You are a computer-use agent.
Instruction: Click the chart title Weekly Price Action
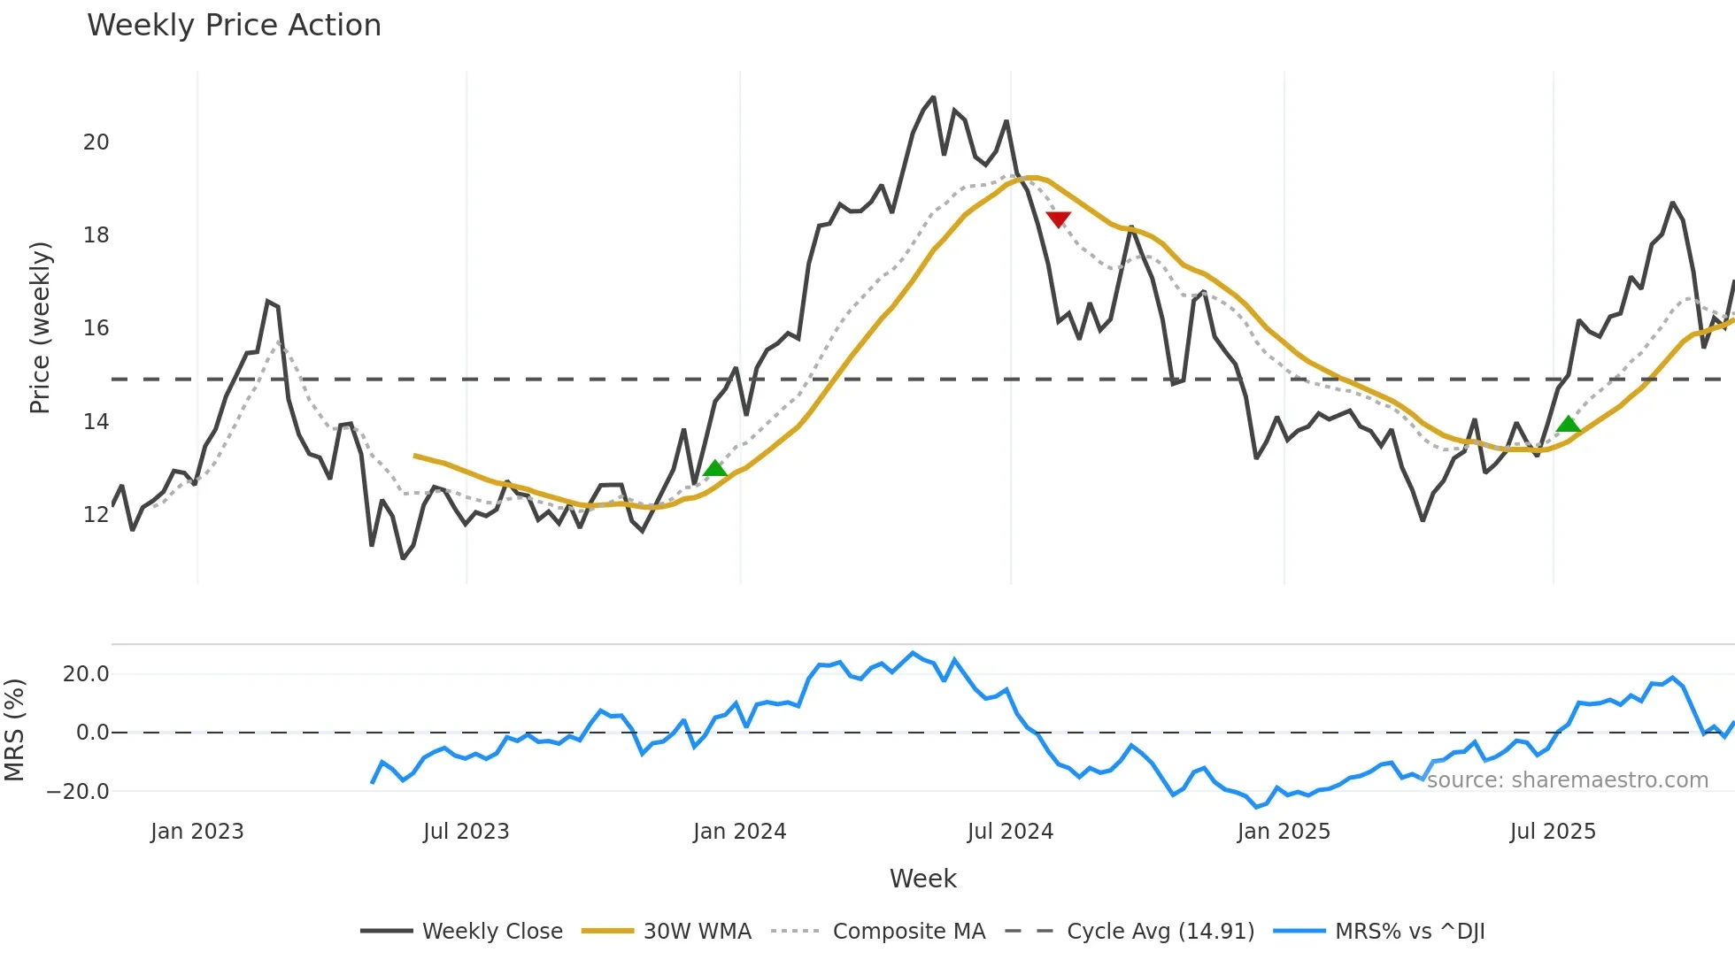[x=234, y=26]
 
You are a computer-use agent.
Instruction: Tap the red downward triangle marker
[x=1058, y=219]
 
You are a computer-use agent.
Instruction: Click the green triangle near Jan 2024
[x=715, y=469]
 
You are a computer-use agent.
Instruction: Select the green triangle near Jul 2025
[x=1569, y=425]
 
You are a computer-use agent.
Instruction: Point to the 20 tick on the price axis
[x=96, y=142]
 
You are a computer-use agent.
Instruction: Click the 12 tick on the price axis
[x=96, y=515]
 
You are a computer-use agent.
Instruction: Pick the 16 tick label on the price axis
[x=96, y=328]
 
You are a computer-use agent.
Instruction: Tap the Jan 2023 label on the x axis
[x=197, y=832]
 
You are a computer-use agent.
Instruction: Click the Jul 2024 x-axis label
[x=1010, y=832]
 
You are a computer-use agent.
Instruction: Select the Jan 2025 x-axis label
[x=1284, y=832]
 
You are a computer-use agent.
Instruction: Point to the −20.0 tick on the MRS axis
[x=78, y=792]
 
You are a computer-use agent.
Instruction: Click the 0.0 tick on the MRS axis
[x=92, y=733]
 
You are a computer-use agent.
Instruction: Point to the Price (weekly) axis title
[x=40, y=327]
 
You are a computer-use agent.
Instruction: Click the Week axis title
[x=922, y=879]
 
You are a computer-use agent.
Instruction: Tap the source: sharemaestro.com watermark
[x=1567, y=780]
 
